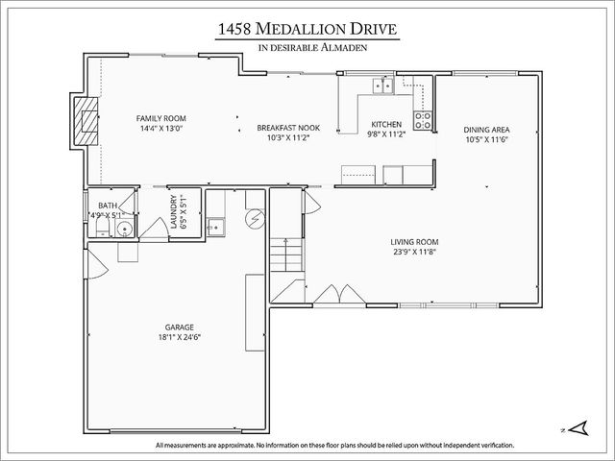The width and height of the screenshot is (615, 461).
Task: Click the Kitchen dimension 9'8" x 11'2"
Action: point(385,135)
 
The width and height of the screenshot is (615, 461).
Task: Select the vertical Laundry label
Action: point(174,212)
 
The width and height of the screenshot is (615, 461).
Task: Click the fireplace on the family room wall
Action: point(86,121)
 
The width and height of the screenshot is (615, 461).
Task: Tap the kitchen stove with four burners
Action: point(422,121)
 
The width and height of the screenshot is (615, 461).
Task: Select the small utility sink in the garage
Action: point(217,228)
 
